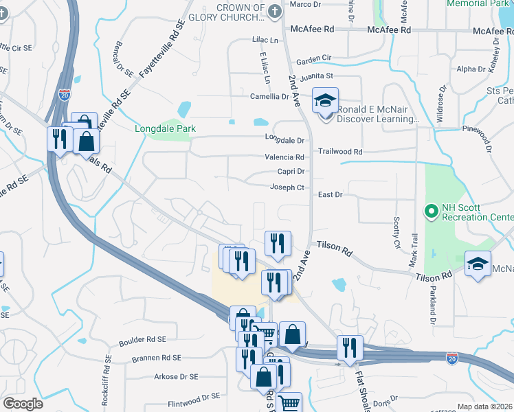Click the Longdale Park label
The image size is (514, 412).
click(x=165, y=128)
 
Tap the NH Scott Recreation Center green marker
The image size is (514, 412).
click(x=432, y=211)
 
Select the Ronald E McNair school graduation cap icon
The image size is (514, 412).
click(x=325, y=102)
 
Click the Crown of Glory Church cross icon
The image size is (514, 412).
click(x=274, y=11)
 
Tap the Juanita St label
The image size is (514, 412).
click(x=318, y=76)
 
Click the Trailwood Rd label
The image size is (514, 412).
click(x=339, y=151)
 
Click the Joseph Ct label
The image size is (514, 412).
click(x=287, y=187)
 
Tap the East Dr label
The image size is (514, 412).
click(x=330, y=195)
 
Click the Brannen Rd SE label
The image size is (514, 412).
click(x=157, y=358)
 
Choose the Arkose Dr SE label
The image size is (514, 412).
click(x=176, y=376)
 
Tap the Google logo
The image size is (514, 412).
click(x=23, y=404)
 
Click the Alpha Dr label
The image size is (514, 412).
click(x=471, y=69)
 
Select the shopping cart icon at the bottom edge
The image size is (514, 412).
click(x=290, y=403)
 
